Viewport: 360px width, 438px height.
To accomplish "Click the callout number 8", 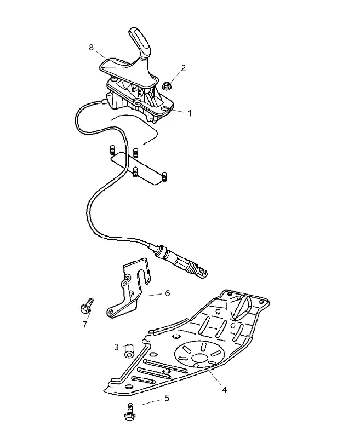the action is pos(91,48).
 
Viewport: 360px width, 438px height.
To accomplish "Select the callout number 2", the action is pos(183,68).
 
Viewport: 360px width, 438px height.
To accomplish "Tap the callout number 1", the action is pos(190,113).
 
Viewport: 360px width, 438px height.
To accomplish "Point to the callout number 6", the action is pos(167,293).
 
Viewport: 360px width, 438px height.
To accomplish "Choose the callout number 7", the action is pos(85,324).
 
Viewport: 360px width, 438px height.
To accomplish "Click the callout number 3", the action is pos(117,347).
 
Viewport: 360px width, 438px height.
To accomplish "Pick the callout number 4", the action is pos(225,389).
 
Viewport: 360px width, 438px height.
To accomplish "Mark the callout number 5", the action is pos(167,398).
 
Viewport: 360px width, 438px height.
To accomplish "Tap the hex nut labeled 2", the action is pos(167,85).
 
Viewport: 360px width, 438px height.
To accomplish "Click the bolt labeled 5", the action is pos(129,412).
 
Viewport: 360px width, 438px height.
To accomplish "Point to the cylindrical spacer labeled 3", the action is pos(129,350).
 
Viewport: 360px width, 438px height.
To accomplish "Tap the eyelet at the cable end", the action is pos(202,272).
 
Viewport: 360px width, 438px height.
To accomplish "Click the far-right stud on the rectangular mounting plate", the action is pos(164,177).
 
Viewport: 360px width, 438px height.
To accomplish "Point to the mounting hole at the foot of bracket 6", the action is pos(112,312).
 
